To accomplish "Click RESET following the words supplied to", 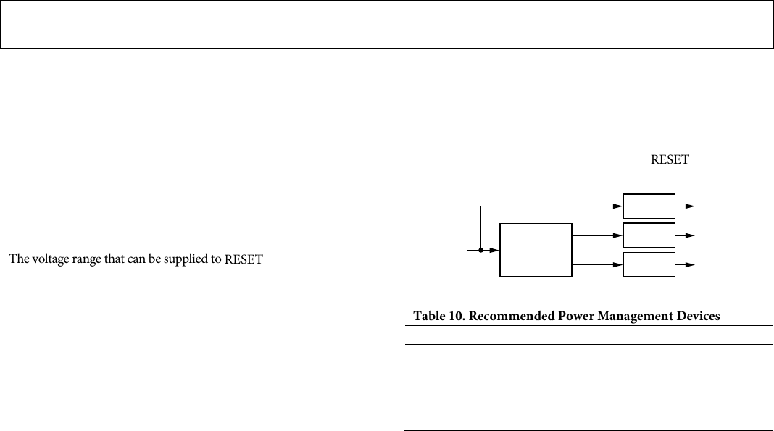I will coord(244,259).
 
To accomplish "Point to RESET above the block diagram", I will coord(670,159).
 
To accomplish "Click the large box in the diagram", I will coord(536,250).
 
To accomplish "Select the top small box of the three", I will coord(649,206).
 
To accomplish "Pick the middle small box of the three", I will coord(649,235).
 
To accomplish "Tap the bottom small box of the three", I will coord(649,264).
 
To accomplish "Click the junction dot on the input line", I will coord(481,250).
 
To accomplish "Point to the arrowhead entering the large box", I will coord(495,250).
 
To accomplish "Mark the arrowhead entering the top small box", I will coord(618,206).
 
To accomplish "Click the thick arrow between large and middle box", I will coord(597,235).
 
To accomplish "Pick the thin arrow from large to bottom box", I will coord(597,264).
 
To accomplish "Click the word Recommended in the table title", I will coord(508,316).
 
